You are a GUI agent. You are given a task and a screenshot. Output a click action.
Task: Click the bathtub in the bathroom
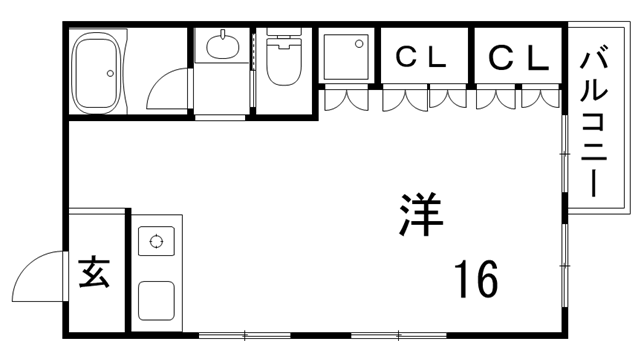pyautogui.click(x=98, y=72)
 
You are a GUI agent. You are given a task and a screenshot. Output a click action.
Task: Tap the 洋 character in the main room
pyautogui.click(x=421, y=216)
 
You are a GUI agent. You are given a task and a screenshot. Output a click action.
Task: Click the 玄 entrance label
pyautogui.click(x=95, y=272)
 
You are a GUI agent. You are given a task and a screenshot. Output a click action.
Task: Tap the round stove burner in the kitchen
pyautogui.click(x=156, y=240)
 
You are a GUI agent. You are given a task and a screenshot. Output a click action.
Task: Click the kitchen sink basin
pyautogui.click(x=155, y=299)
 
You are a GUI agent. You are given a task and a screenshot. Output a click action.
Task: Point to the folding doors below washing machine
pyautogui.click(x=345, y=100)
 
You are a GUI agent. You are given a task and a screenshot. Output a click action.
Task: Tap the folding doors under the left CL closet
pyautogui.click(x=424, y=100)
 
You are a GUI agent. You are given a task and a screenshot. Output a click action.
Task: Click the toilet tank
pyautogui.click(x=285, y=41)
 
